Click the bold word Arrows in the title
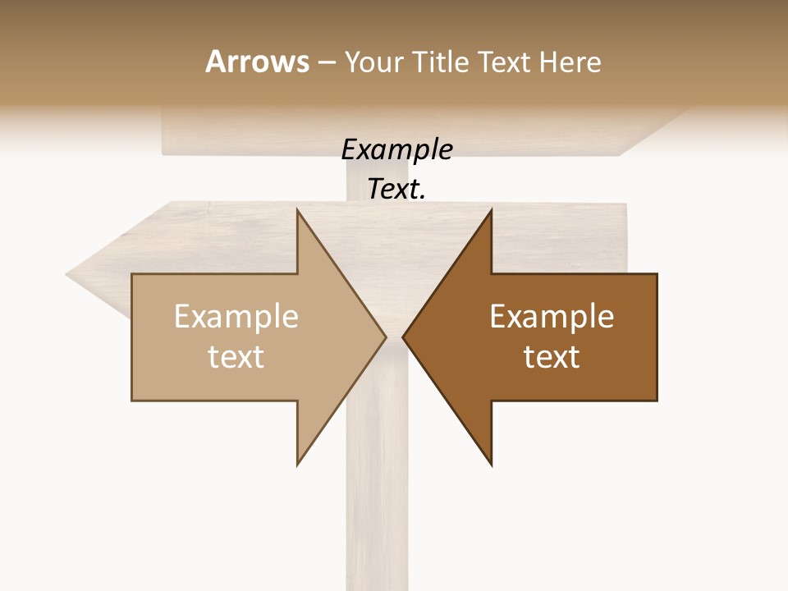256,62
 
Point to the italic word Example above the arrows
396,149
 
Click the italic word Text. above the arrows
396,189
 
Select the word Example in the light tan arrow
236,316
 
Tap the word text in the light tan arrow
236,356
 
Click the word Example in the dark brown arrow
552,316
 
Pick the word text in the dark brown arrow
552,356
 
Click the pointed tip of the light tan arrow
385,337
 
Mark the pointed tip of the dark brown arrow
403,337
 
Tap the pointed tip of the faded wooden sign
67,276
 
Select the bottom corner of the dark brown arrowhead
491,465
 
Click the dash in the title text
326,63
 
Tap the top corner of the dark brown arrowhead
491,210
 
